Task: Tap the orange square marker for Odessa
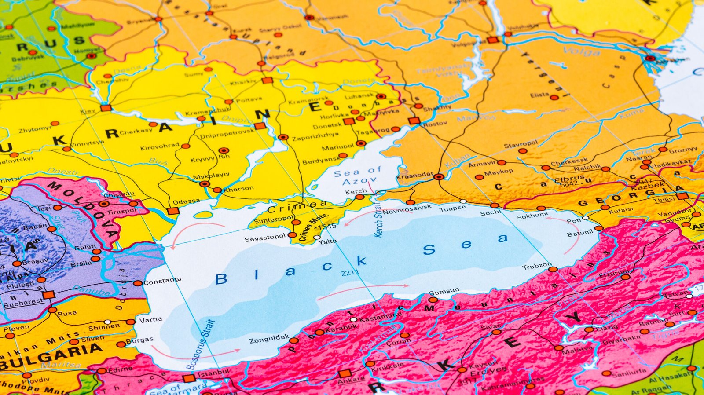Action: [x=173, y=211]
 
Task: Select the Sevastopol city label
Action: [x=265, y=238]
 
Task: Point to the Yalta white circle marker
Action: [x=317, y=237]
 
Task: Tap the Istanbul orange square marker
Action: [x=189, y=378]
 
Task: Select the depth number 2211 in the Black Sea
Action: [x=349, y=273]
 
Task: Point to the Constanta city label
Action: [x=162, y=281]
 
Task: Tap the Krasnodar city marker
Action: [x=438, y=177]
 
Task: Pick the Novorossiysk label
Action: [x=407, y=209]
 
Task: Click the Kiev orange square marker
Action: [x=106, y=108]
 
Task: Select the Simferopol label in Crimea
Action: [x=273, y=219]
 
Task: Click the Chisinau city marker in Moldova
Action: [x=104, y=204]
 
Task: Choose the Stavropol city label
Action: [x=521, y=144]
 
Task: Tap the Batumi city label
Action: [x=580, y=233]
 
